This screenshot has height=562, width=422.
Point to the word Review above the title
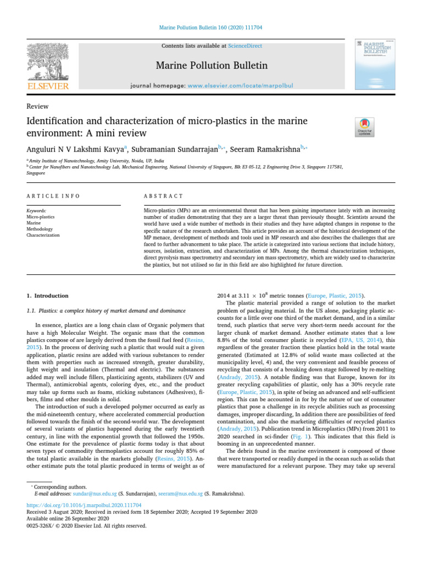pos(37,106)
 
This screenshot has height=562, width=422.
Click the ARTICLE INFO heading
pos(53,196)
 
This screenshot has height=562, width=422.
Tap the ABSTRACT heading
pos(163,196)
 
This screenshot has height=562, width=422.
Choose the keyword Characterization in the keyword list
pos(43,235)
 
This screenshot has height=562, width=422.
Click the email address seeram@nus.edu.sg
pos(180,494)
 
